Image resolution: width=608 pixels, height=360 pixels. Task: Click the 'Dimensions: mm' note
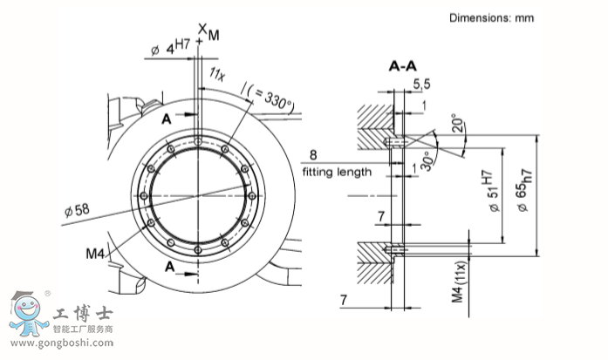[491, 17]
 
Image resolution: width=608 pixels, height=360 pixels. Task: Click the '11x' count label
[217, 77]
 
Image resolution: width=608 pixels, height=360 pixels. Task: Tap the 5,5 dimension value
[421, 84]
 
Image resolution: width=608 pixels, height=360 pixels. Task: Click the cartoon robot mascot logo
[29, 315]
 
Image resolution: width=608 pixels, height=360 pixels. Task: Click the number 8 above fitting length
[311, 156]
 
